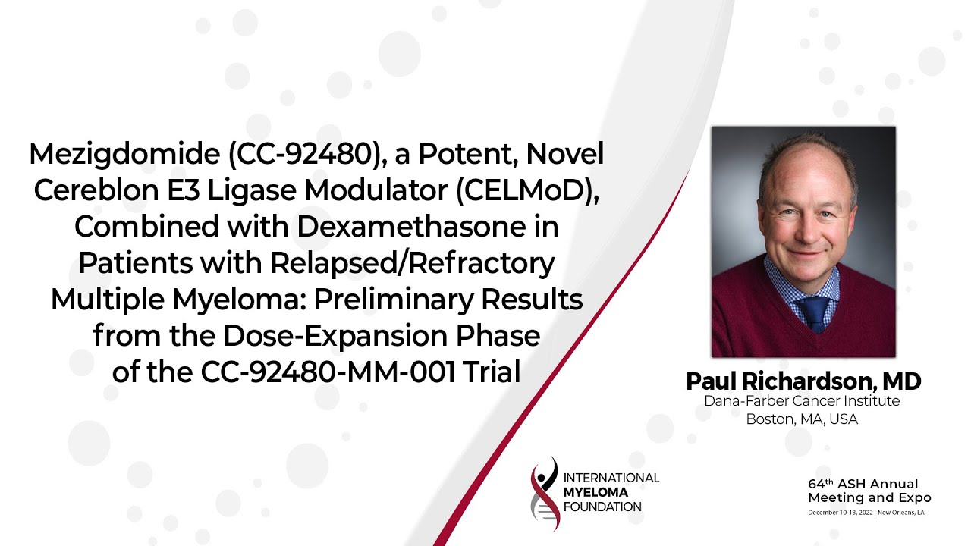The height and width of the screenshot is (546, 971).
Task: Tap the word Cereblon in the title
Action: [x=96, y=190]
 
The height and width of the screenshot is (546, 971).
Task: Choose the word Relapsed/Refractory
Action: [x=413, y=263]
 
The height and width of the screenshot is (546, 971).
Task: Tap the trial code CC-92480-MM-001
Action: [x=328, y=372]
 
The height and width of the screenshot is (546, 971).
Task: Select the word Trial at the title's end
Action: [x=492, y=372]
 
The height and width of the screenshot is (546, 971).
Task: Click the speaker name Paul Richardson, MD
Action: [x=803, y=381]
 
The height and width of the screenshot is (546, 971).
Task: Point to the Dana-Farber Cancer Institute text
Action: [x=802, y=401]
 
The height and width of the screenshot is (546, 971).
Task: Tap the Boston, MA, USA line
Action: [x=802, y=419]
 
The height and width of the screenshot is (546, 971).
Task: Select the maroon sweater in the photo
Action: [x=803, y=316]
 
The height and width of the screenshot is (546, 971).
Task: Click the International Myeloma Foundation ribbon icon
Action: [x=545, y=494]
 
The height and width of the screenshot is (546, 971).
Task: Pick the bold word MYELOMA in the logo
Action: [x=595, y=492]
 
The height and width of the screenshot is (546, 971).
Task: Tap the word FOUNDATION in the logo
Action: [x=602, y=507]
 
